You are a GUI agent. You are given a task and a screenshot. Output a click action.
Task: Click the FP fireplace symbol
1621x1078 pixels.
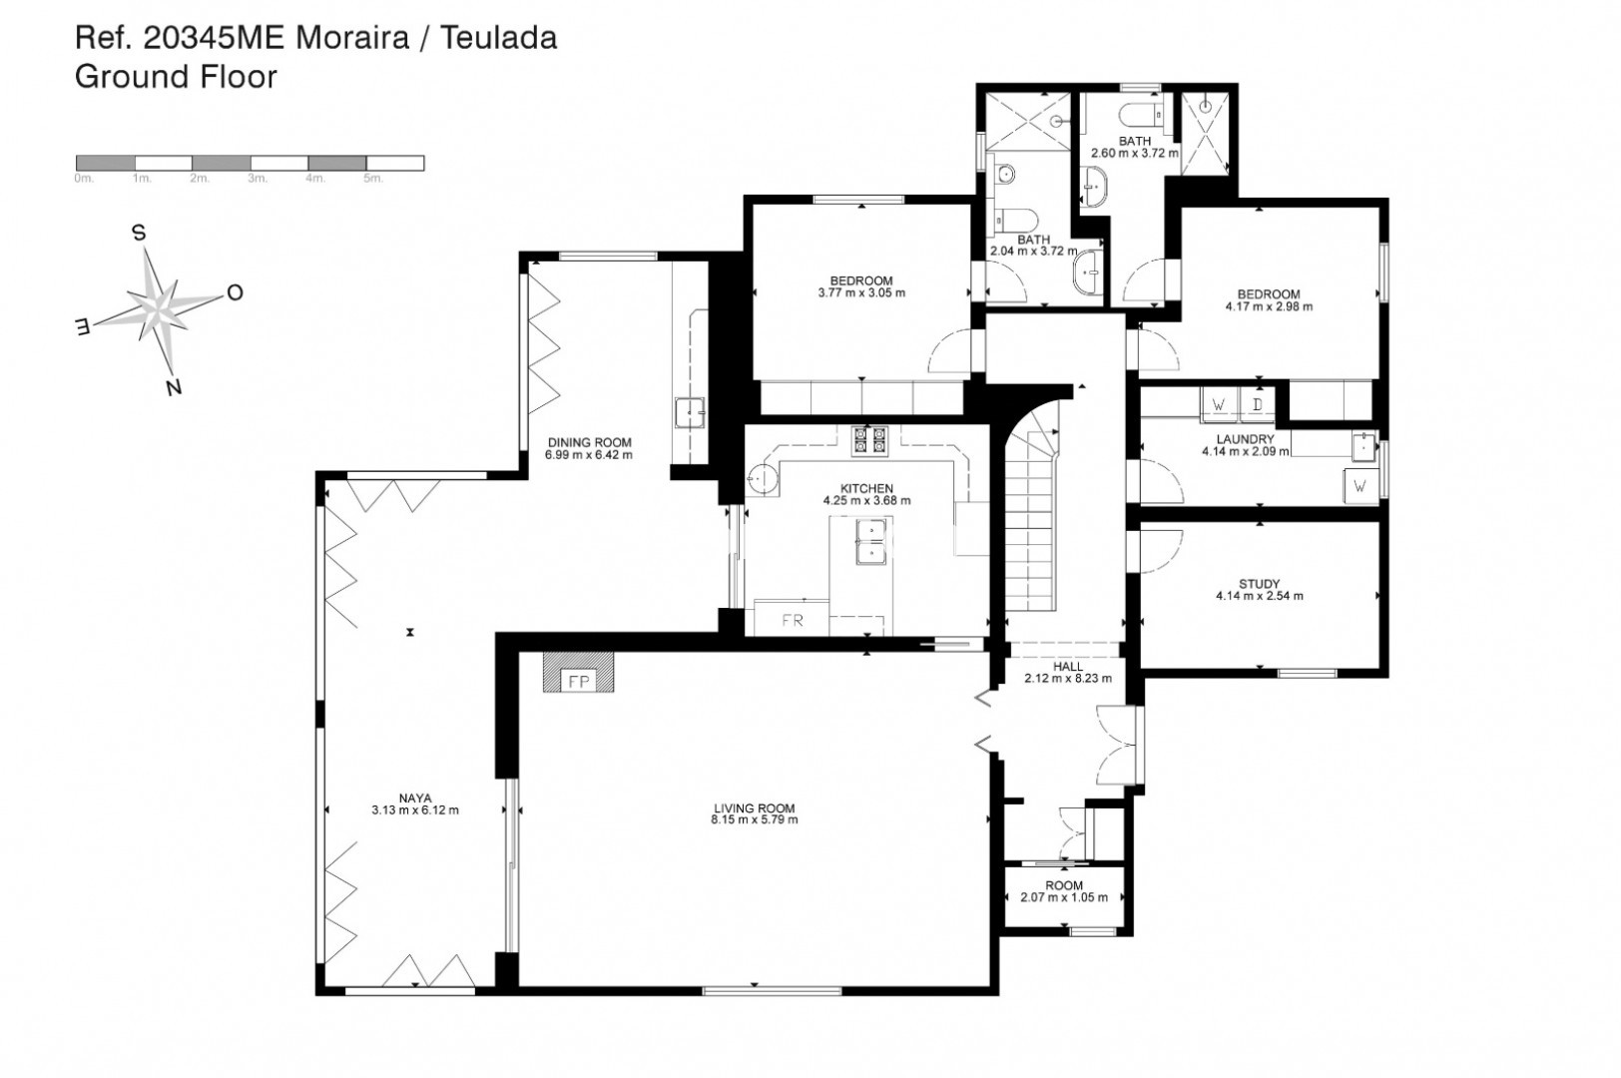[x=578, y=673]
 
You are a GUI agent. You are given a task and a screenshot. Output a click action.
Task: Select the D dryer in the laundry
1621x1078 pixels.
[x=1257, y=404]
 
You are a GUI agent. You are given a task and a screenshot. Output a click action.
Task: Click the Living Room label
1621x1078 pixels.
[x=754, y=808]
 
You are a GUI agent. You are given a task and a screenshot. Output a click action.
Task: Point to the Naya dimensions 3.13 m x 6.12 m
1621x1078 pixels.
[x=414, y=810]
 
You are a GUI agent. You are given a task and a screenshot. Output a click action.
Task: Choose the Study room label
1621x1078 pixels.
[x=1260, y=584]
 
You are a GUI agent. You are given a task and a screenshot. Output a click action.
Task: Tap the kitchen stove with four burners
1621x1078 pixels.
[x=869, y=440]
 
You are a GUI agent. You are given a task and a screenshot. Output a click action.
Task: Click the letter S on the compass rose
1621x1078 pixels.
[x=138, y=233]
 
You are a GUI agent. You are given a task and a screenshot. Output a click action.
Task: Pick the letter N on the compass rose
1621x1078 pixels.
[x=174, y=387]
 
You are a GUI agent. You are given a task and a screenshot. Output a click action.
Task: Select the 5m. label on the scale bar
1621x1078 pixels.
[x=373, y=178]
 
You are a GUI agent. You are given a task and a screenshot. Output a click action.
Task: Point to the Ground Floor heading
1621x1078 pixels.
[x=176, y=77]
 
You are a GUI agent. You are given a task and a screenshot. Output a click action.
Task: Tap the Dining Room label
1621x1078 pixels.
[x=589, y=443]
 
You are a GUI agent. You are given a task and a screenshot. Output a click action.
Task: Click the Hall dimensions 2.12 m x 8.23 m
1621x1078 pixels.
[x=1068, y=679]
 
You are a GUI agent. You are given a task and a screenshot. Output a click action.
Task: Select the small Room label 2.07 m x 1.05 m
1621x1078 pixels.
[x=1064, y=885]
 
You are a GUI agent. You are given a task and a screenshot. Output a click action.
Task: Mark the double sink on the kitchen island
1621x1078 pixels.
[x=870, y=541]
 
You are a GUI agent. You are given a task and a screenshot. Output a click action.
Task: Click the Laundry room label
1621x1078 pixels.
[x=1246, y=439]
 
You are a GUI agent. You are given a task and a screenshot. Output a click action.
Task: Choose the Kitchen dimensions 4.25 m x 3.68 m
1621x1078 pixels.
[x=867, y=501]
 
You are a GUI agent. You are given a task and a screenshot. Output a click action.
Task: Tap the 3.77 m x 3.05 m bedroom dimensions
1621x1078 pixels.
[x=861, y=293]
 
